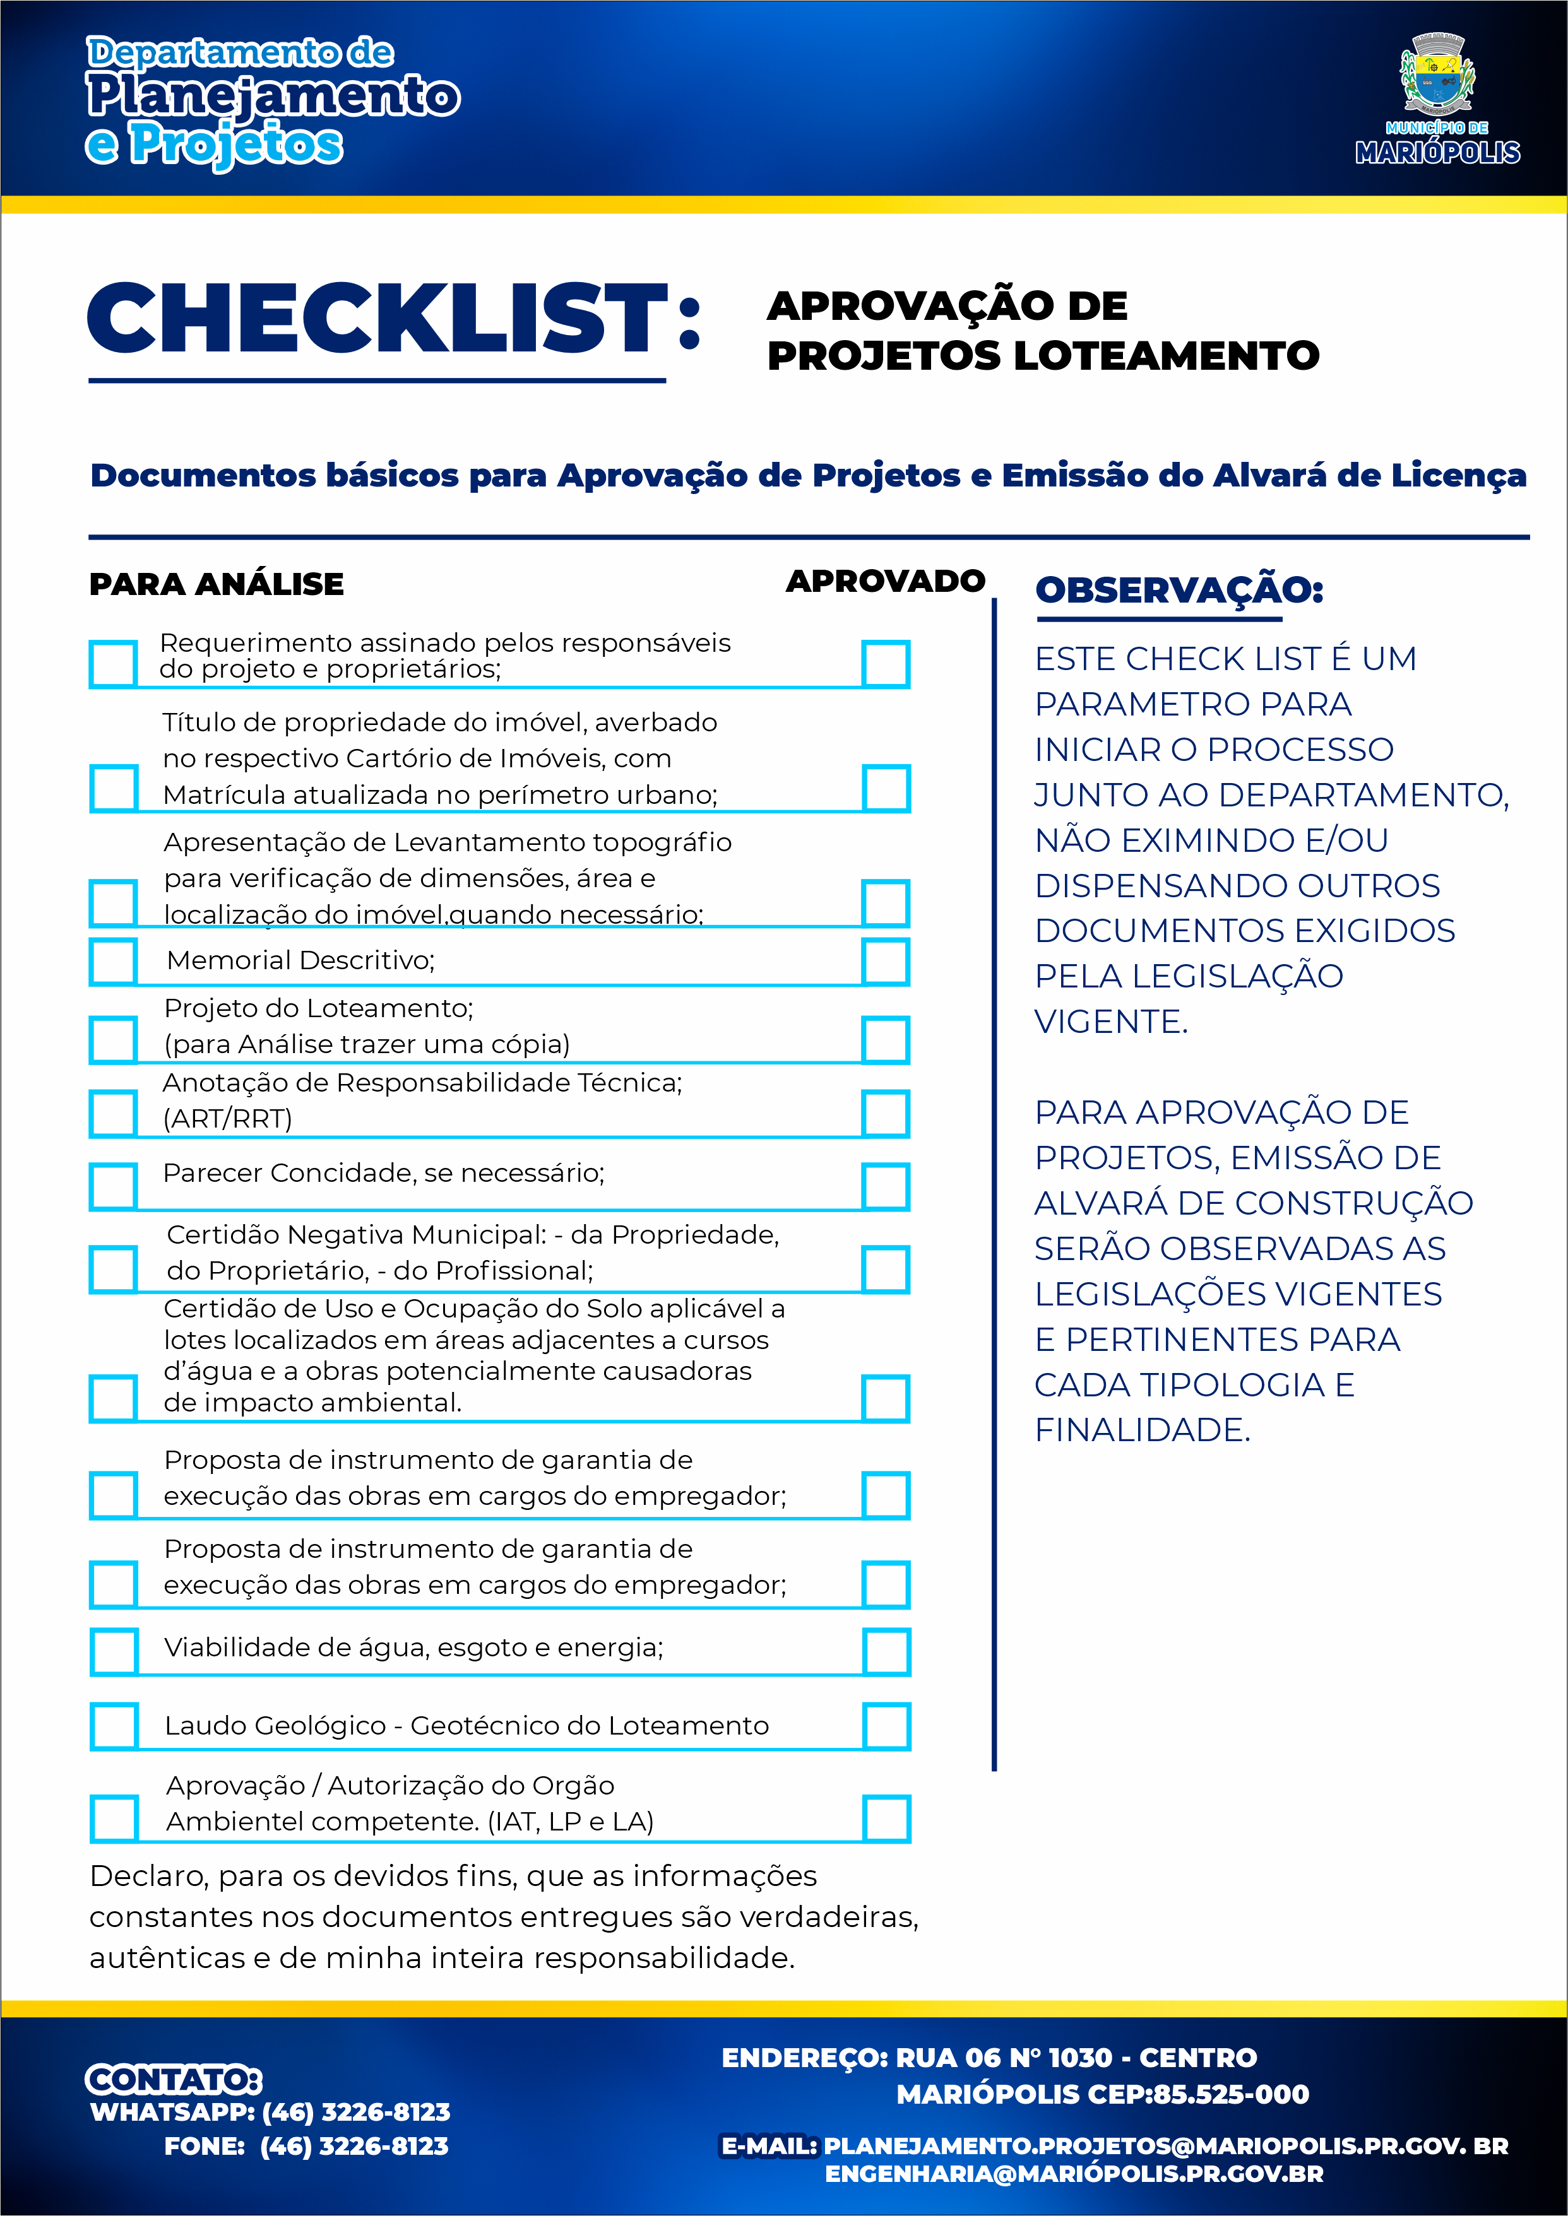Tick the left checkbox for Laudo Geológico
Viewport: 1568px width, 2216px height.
[113, 1726]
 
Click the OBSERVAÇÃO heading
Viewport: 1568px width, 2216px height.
[1178, 590]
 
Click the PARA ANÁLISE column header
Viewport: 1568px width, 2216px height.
[217, 584]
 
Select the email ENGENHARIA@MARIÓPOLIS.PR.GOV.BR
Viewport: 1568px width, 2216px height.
[1074, 2174]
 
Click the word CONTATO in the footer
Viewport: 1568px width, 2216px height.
[174, 2079]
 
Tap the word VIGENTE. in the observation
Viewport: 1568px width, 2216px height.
[1110, 1021]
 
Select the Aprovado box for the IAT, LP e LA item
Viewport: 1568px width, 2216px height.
[886, 1818]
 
